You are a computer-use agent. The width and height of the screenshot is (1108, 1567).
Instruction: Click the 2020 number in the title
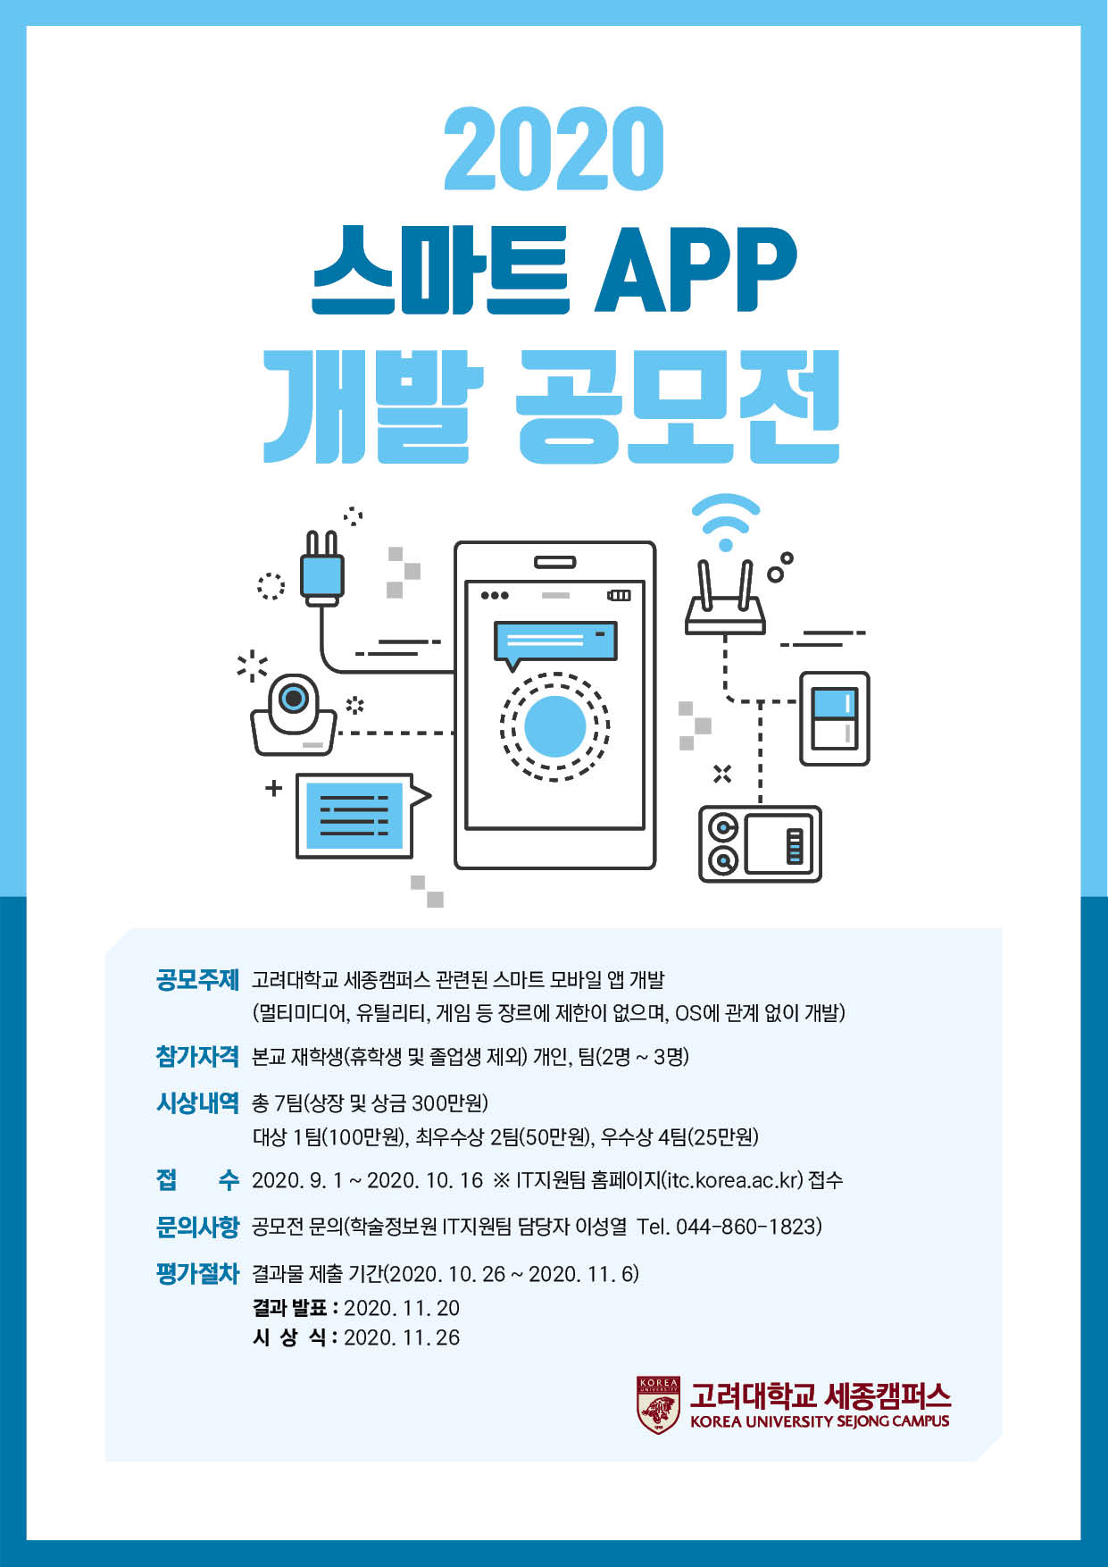point(554,149)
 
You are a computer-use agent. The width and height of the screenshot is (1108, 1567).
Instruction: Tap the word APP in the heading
point(696,269)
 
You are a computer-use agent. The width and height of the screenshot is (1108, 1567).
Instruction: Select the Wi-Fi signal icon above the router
point(726,522)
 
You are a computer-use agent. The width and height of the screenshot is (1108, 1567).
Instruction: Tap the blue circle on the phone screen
point(554,726)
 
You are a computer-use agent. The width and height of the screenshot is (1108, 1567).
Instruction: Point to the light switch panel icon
point(834,718)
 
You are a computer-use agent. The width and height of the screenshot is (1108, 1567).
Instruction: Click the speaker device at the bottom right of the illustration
point(760,843)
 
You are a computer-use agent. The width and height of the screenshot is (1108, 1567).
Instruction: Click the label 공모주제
point(197,980)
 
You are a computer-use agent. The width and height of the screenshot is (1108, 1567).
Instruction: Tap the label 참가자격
point(197,1057)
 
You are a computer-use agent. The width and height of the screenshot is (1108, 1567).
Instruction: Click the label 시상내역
point(197,1103)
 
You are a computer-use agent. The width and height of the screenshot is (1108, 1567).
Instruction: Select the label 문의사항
point(197,1227)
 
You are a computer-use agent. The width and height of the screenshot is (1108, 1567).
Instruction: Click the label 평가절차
point(197,1273)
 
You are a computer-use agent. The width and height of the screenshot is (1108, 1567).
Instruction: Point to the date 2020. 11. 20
point(402,1308)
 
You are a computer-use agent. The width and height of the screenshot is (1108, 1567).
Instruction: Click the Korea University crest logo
point(658,1405)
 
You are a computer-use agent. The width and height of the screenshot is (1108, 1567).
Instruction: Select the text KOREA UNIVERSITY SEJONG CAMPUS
point(820,1421)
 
